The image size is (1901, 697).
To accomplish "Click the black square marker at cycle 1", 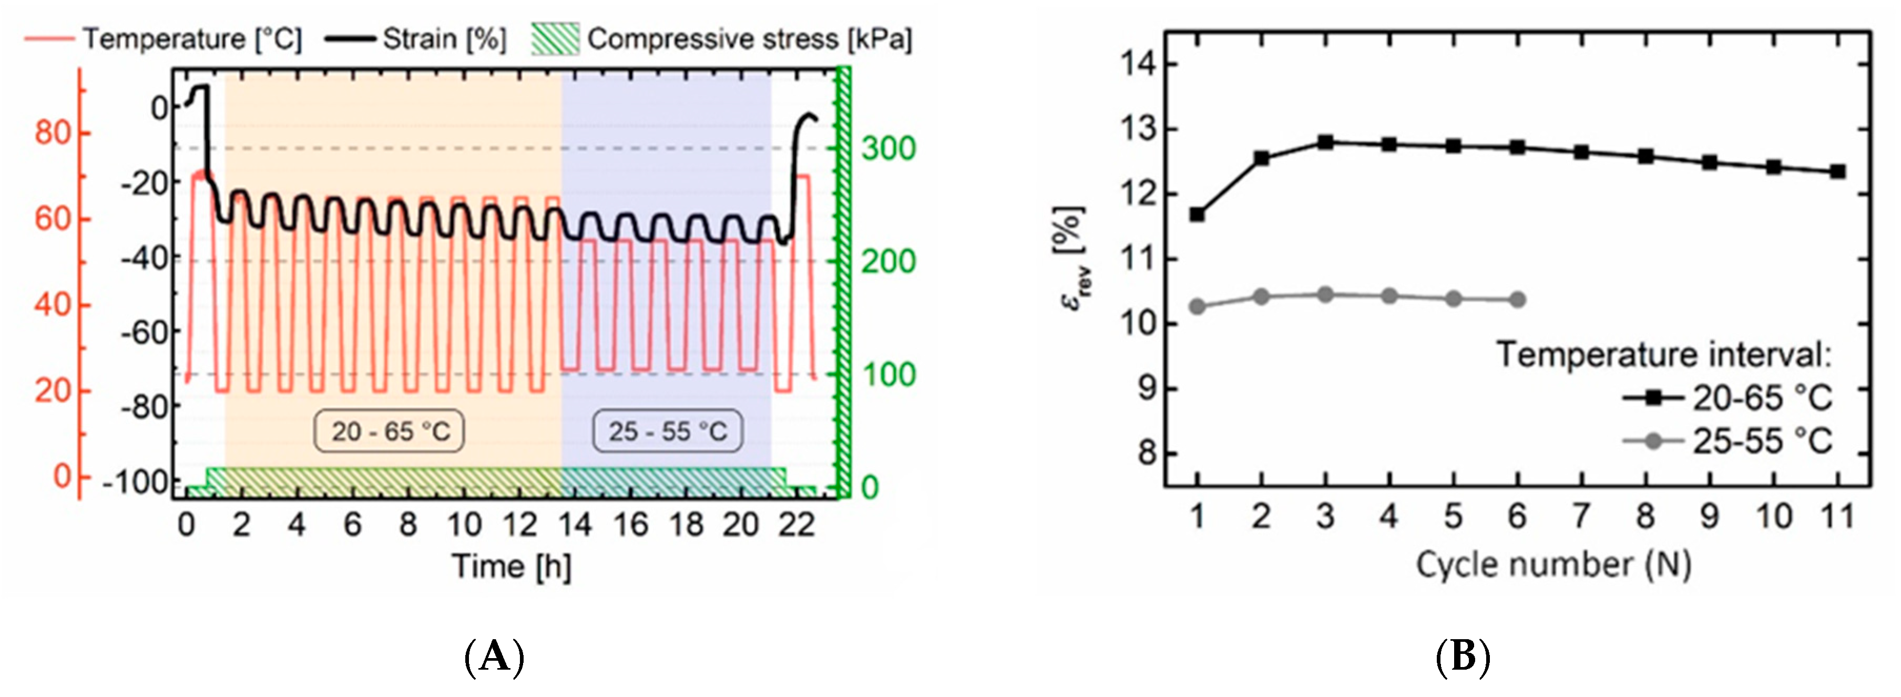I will click(x=1197, y=214).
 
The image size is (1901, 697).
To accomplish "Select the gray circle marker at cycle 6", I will click(x=1517, y=300).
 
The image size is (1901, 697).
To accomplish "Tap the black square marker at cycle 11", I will click(x=1837, y=172).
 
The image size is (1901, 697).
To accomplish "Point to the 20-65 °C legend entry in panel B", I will click(x=1727, y=398).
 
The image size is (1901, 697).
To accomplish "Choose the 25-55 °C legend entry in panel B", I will click(x=1727, y=441).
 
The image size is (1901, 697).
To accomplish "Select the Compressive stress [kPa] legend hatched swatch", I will click(x=555, y=38).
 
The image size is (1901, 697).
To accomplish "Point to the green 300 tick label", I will click(x=888, y=149).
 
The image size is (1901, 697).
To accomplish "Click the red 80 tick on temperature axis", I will click(x=53, y=134).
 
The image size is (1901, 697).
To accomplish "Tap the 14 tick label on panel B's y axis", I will click(x=1139, y=65).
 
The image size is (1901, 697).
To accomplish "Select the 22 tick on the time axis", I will click(x=796, y=525).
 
